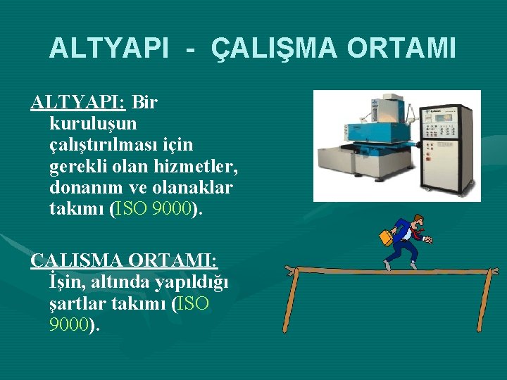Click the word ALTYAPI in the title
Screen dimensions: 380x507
pyautogui.click(x=108, y=48)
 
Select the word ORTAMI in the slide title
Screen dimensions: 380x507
pyautogui.click(x=401, y=48)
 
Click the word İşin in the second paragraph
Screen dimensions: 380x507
pyautogui.click(x=68, y=282)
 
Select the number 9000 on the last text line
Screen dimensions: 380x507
pyautogui.click(x=69, y=325)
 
